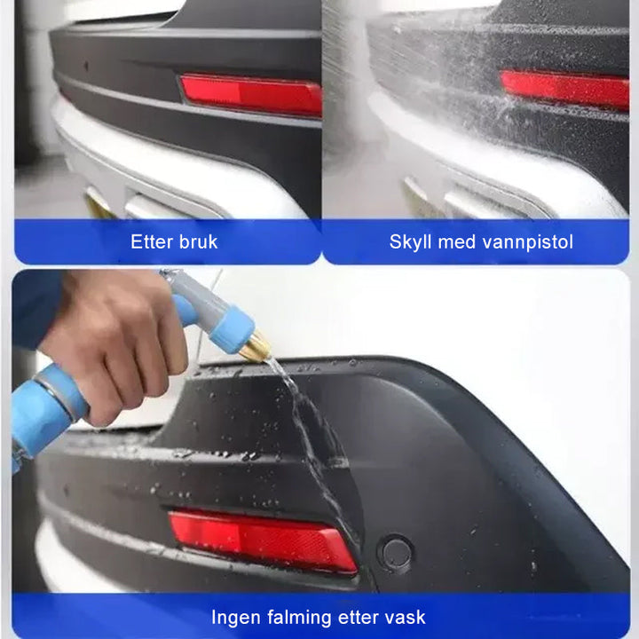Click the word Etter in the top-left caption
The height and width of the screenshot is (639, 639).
click(x=152, y=241)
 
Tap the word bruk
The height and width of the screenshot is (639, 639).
click(x=197, y=241)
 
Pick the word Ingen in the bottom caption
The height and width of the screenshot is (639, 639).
click(x=236, y=617)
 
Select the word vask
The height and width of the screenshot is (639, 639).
click(x=405, y=617)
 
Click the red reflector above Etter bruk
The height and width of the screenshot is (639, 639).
click(x=251, y=95)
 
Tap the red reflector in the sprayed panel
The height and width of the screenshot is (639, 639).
click(x=564, y=89)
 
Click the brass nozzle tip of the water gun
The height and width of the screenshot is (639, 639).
click(x=255, y=347)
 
